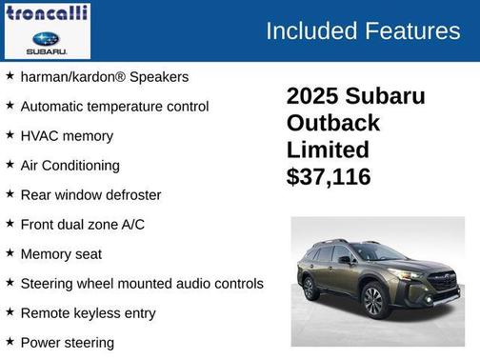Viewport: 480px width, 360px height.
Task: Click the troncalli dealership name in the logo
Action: (x=48, y=13)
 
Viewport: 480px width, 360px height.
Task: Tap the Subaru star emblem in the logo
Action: (x=47, y=39)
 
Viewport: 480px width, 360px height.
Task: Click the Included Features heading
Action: (x=362, y=30)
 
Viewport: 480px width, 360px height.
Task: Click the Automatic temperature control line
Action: (x=114, y=106)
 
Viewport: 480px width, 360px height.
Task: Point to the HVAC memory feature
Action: (x=67, y=135)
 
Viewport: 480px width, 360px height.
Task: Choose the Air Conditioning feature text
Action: (x=70, y=165)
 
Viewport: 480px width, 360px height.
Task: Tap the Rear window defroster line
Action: (x=90, y=194)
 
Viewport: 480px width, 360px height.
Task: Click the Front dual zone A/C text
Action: (x=83, y=224)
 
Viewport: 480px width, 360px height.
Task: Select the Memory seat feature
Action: (x=61, y=253)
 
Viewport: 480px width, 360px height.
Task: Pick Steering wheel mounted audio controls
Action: (x=141, y=283)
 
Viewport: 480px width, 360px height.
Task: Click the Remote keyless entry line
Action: (x=88, y=312)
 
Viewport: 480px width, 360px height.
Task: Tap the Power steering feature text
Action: (x=67, y=342)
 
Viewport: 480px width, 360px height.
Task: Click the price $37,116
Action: (x=329, y=177)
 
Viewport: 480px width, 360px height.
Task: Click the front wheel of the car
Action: (x=372, y=301)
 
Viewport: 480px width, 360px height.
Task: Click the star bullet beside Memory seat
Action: (x=10, y=253)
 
